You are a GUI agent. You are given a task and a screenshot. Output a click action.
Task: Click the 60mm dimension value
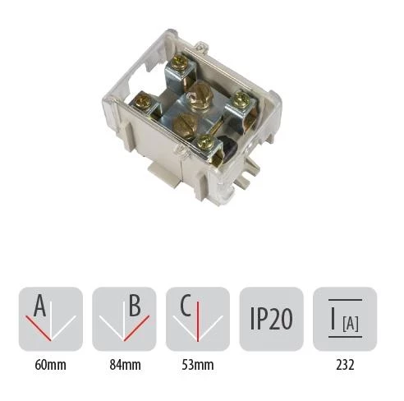click(x=51, y=365)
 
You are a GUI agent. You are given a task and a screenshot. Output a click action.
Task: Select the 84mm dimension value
click(x=126, y=365)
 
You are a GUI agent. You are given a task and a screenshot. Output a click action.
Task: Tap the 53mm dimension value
click(x=198, y=365)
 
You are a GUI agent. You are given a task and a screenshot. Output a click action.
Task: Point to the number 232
click(x=345, y=365)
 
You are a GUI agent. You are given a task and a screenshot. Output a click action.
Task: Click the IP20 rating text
click(x=272, y=319)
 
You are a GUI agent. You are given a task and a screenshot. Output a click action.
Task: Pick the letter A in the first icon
click(x=40, y=306)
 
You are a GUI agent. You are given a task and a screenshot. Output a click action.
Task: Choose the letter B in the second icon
click(x=135, y=306)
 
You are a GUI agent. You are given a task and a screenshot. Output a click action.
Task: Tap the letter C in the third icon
click(x=186, y=306)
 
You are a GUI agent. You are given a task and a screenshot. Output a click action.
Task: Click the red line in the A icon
click(x=39, y=329)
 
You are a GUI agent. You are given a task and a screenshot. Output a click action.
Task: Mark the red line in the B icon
click(x=137, y=328)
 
